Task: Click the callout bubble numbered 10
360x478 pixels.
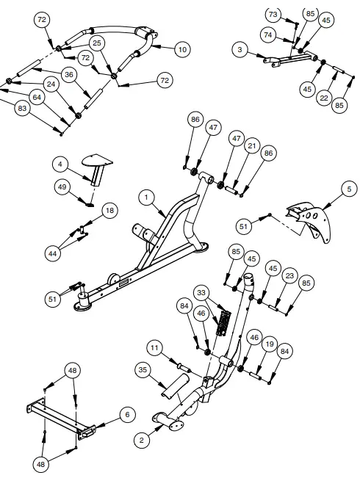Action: coord(181,48)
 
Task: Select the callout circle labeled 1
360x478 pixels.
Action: coord(147,197)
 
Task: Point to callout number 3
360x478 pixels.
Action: coord(240,49)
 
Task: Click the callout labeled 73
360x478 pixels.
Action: coord(273,15)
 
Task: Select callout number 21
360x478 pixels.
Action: coord(252,147)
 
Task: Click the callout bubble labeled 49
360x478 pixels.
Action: coord(62,187)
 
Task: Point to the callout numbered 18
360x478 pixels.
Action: coord(109,211)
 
